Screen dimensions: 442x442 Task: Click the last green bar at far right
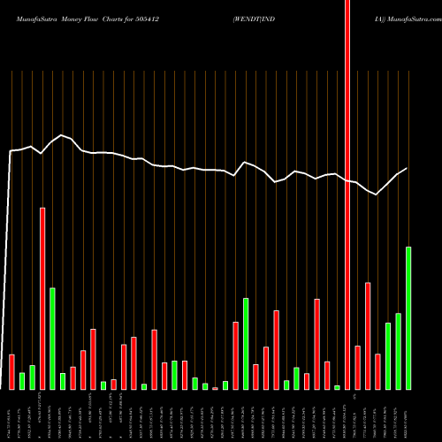408,318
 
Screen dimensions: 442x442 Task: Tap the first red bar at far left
11,371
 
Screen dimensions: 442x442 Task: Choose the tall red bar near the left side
42,299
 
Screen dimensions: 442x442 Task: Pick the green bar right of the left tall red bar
52,339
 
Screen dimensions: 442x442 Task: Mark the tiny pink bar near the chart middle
215,387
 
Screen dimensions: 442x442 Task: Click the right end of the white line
408,168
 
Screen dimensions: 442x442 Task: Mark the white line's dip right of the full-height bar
377,195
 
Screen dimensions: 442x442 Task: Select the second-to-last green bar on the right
398,351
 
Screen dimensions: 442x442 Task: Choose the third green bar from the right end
388,356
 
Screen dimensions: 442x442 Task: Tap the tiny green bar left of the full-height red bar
337,387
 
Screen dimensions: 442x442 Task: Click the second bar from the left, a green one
22,381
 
